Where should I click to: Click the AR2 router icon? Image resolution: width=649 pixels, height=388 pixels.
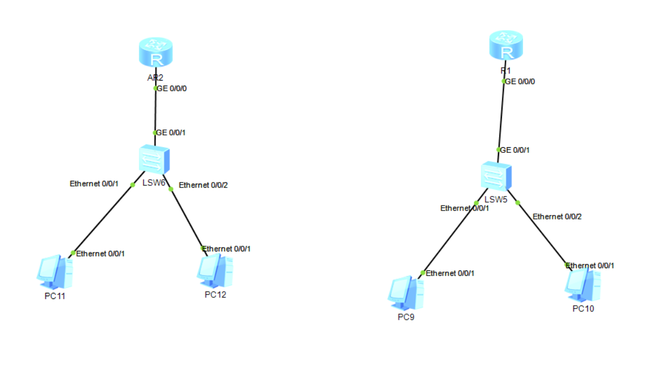click(x=155, y=53)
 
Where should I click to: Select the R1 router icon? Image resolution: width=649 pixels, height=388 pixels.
click(x=506, y=45)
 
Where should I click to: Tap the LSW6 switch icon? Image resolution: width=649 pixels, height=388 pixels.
click(x=155, y=160)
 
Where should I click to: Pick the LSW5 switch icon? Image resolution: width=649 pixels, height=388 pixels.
click(x=497, y=177)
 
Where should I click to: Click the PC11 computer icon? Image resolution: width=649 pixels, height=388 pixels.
click(x=55, y=271)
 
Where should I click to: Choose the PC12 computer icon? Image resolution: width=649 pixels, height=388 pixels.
click(x=215, y=271)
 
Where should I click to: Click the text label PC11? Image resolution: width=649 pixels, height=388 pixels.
click(x=55, y=296)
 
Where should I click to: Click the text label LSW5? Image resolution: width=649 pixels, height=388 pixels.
click(x=496, y=199)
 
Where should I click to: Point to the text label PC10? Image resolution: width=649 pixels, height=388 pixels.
click(x=583, y=308)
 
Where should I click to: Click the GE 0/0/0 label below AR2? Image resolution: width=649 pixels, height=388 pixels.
click(x=171, y=88)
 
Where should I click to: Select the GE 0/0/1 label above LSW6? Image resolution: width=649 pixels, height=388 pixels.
click(x=171, y=133)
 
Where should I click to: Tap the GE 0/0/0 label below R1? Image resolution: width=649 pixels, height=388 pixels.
click(x=520, y=82)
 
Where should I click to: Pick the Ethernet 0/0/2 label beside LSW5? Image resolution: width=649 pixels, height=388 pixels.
click(x=557, y=216)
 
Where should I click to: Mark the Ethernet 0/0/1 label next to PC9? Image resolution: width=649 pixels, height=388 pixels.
click(x=450, y=273)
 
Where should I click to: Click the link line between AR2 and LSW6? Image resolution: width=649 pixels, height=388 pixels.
click(x=155, y=110)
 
